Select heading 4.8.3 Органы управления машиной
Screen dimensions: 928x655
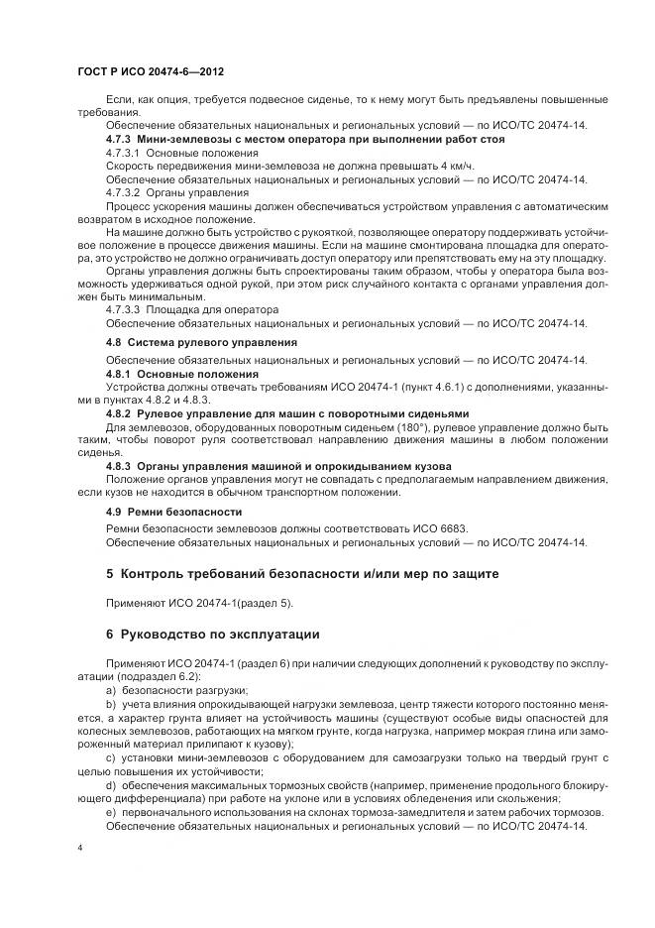278,465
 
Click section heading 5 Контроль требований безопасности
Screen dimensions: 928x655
294,575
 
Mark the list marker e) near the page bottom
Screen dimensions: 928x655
110,812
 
